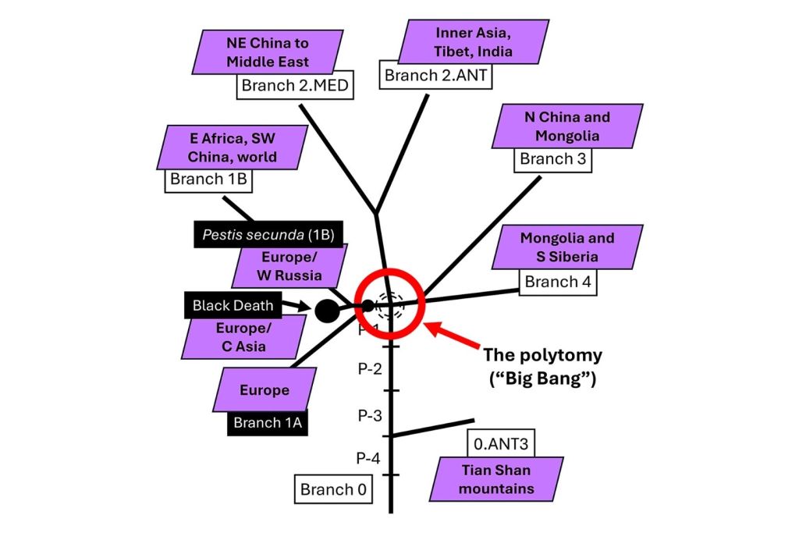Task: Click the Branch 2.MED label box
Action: pos(296,85)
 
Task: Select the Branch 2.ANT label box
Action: pos(439,76)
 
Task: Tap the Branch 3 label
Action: pos(552,159)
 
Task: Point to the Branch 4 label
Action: pos(558,282)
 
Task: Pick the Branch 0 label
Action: pos(332,489)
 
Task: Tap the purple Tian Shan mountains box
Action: pos(496,479)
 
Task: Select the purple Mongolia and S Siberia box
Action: pos(567,247)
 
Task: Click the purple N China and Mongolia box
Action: pos(567,126)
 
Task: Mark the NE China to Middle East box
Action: pos(268,52)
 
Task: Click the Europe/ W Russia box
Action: pos(290,266)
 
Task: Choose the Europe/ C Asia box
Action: pos(243,337)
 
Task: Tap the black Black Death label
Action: pos(232,306)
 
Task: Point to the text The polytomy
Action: pos(542,356)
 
